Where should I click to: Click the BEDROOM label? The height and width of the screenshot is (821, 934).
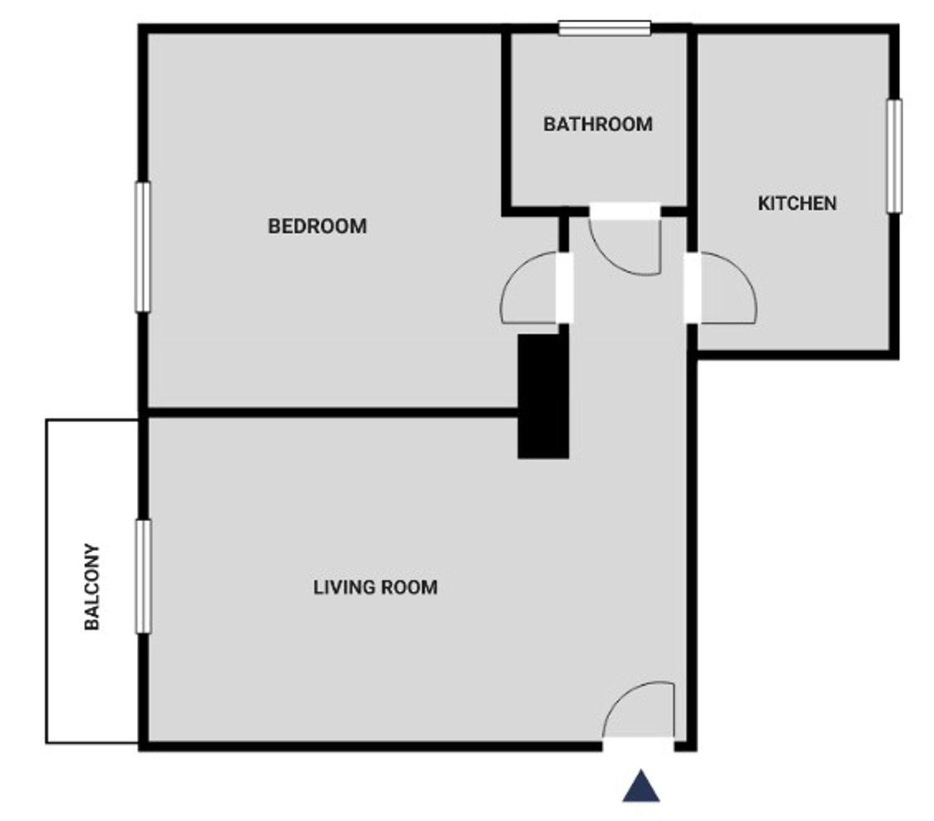[x=317, y=227]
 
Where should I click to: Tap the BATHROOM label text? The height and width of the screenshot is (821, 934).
[x=598, y=124]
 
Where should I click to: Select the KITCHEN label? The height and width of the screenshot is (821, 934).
[x=797, y=204]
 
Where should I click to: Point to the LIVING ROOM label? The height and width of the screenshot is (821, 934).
[x=375, y=588]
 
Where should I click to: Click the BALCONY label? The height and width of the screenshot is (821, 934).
[x=92, y=587]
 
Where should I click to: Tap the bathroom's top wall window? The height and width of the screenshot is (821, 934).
[x=605, y=28]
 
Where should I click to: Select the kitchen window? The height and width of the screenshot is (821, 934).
[x=894, y=156]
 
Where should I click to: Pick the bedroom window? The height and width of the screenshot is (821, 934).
[x=143, y=247]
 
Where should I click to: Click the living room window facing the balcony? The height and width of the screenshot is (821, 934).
[x=143, y=576]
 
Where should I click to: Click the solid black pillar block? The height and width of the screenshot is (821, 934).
[x=543, y=396]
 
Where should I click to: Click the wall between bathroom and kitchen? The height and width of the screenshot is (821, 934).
[x=692, y=138]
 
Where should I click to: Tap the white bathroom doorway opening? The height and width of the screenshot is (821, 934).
[x=625, y=211]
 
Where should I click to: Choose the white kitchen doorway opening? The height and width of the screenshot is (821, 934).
[x=692, y=288]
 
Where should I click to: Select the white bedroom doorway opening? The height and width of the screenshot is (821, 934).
[x=564, y=288]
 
